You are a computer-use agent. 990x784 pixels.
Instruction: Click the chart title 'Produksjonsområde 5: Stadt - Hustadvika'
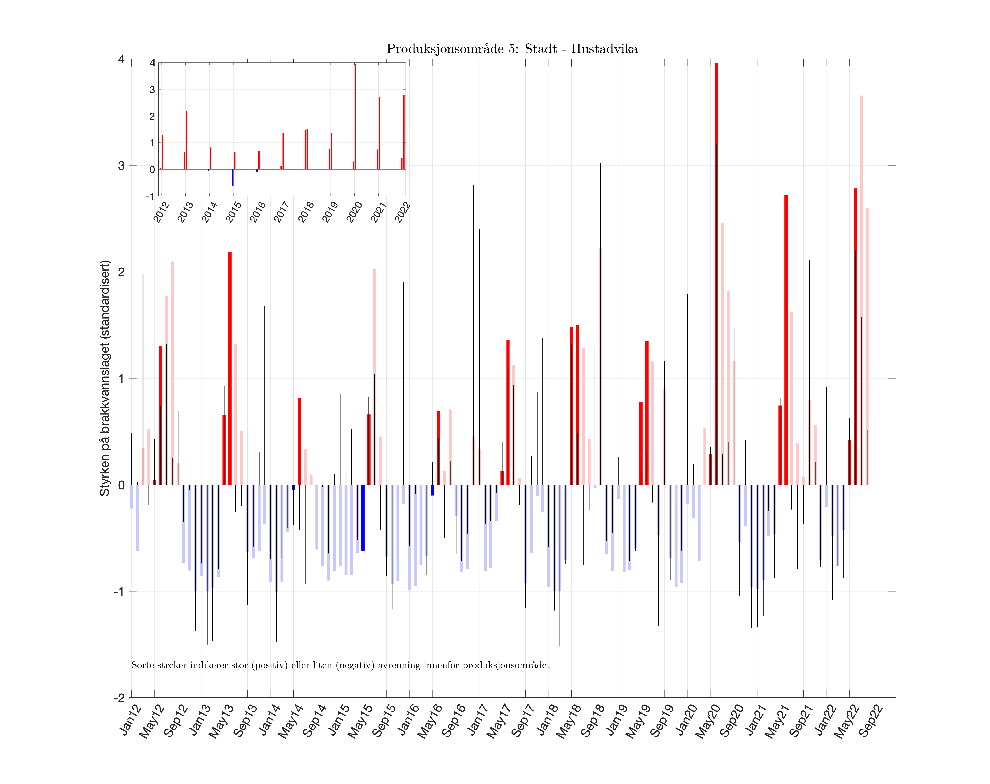(x=512, y=49)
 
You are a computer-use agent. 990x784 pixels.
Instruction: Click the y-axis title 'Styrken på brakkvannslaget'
(x=105, y=378)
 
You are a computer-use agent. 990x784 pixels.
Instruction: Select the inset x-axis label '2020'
(x=354, y=212)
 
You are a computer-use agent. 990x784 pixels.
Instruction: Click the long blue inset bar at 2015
(x=233, y=178)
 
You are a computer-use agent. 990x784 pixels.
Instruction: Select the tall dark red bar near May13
(x=230, y=368)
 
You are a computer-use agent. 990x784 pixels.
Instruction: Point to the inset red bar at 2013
(x=186, y=140)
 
